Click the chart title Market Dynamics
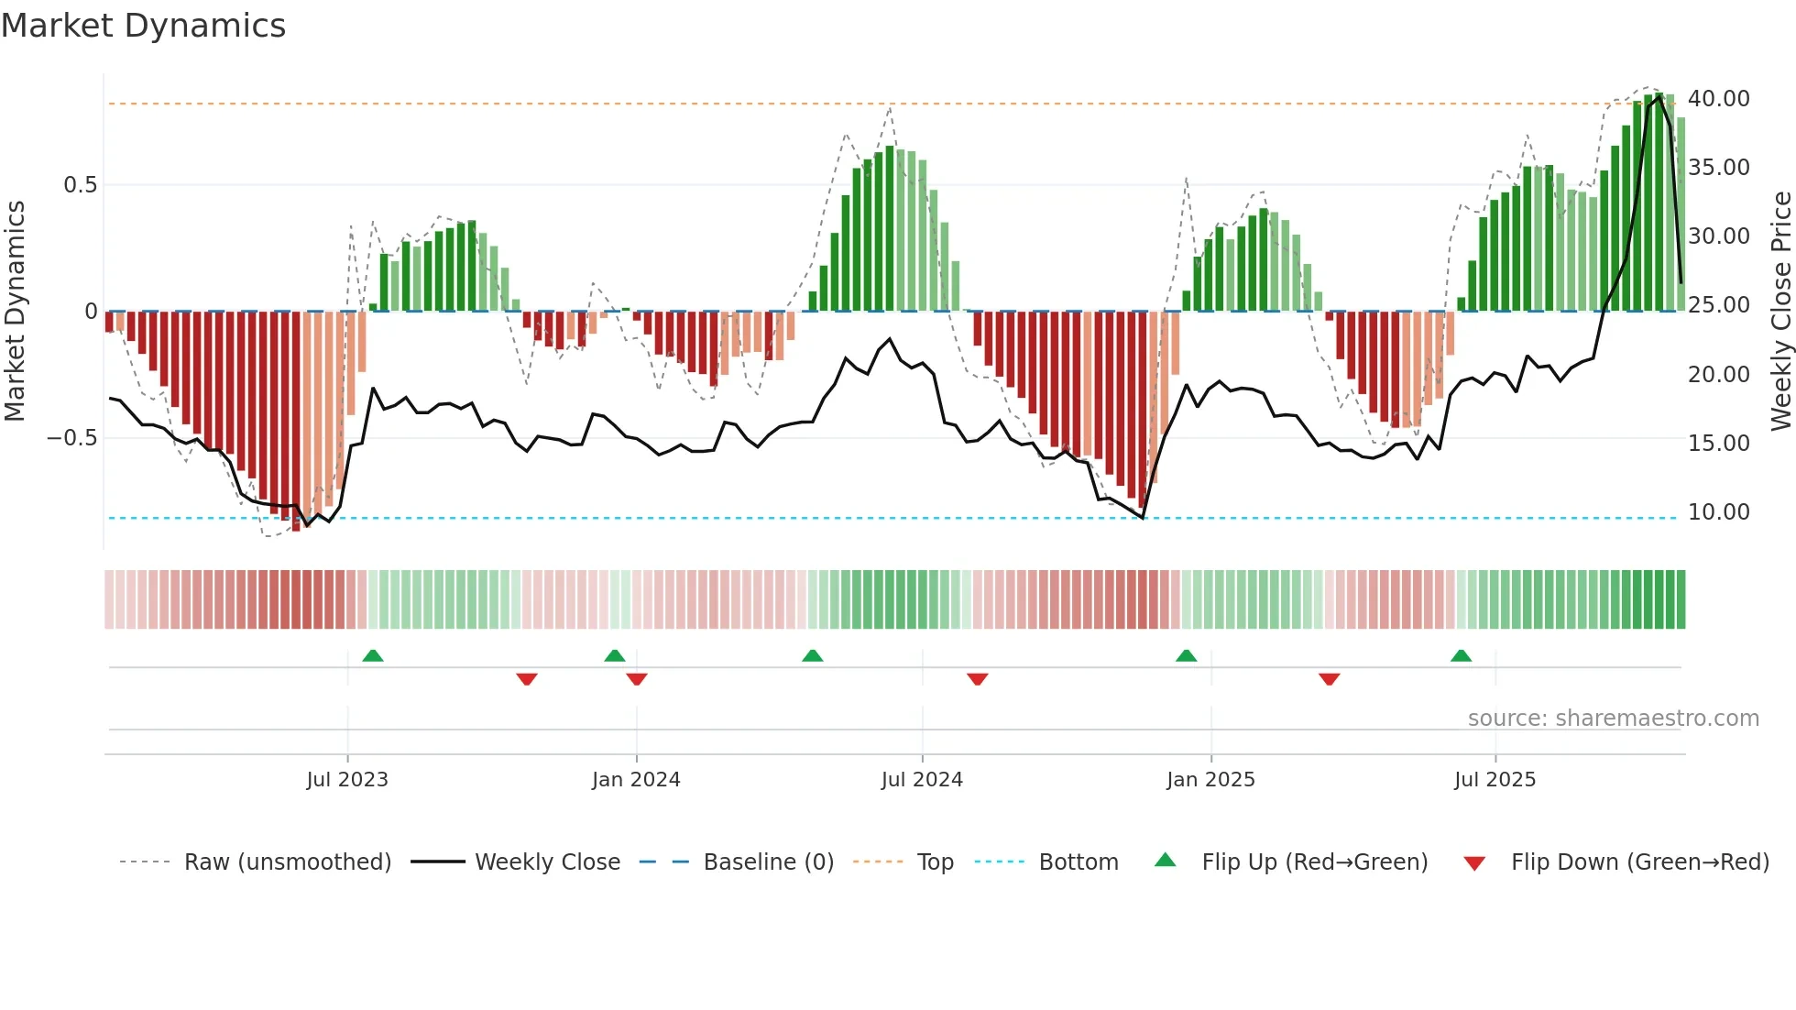[x=143, y=26]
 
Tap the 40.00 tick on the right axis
[x=1718, y=99]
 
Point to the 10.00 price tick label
[x=1718, y=512]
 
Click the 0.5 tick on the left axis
[x=80, y=185]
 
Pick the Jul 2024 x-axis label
[x=922, y=780]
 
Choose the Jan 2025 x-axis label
[x=1210, y=780]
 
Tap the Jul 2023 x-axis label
[x=347, y=780]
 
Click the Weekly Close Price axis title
[x=1780, y=311]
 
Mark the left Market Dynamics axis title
[x=15, y=311]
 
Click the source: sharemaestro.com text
[x=1613, y=719]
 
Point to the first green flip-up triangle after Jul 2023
[x=373, y=656]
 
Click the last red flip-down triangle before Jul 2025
[x=1330, y=679]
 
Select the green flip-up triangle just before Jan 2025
[x=1186, y=656]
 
